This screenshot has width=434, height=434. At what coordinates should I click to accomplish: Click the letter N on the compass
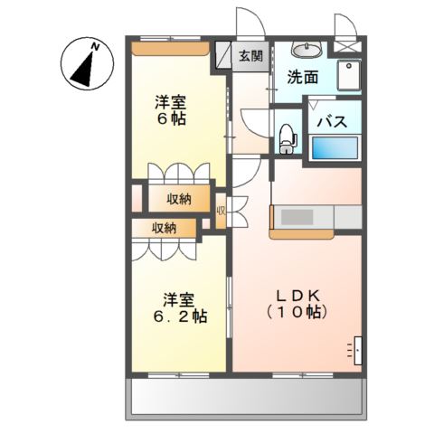96,47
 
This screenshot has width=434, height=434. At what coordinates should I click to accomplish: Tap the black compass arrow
83,70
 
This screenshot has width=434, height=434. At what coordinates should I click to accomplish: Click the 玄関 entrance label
250,56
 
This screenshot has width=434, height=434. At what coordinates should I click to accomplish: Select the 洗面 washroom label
302,78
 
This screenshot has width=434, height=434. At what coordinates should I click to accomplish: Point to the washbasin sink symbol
307,49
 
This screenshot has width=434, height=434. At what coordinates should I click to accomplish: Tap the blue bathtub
335,147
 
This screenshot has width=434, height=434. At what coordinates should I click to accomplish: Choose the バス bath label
333,122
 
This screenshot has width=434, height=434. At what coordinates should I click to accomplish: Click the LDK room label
297,297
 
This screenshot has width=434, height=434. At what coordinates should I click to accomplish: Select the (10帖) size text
297,313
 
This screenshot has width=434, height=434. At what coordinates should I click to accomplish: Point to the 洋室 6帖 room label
170,110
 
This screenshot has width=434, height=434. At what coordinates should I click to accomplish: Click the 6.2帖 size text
180,316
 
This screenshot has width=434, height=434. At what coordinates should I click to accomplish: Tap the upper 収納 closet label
179,199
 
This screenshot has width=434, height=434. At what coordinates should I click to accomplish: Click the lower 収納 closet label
164,229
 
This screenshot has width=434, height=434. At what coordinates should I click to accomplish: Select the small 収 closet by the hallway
222,211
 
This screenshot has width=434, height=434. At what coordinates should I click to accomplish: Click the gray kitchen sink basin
297,217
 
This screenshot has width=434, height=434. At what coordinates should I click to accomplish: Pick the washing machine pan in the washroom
349,75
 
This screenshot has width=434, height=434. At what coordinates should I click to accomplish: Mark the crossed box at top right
347,47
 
